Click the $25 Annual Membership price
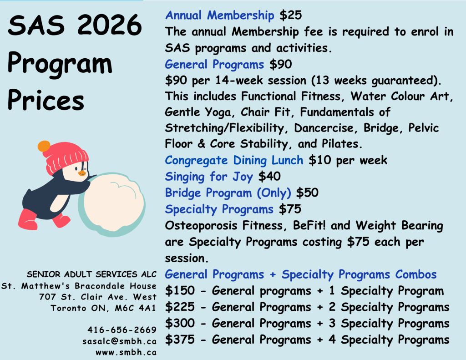pyautogui.click(x=290, y=15)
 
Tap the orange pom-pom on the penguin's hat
pyautogui.click(x=44, y=146)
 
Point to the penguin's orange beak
pyautogui.click(x=82, y=173)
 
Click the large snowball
pyautogui.click(x=112, y=204)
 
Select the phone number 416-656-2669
pyautogui.click(x=122, y=330)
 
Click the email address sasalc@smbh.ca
pyautogui.click(x=120, y=341)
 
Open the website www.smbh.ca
pyautogui.click(x=126, y=353)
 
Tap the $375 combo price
pyautogui.click(x=180, y=340)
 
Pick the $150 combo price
pyautogui.click(x=180, y=290)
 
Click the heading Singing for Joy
pyautogui.click(x=209, y=177)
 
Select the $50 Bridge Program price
pyautogui.click(x=307, y=193)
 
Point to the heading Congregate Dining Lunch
pyautogui.click(x=234, y=160)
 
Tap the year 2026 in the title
pyautogui.click(x=110, y=25)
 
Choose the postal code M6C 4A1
pyautogui.click(x=136, y=308)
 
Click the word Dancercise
pyautogui.click(x=324, y=128)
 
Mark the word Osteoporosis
pyautogui.click(x=201, y=226)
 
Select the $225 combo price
pyautogui.click(x=180, y=307)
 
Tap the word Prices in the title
pyautogui.click(x=46, y=100)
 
